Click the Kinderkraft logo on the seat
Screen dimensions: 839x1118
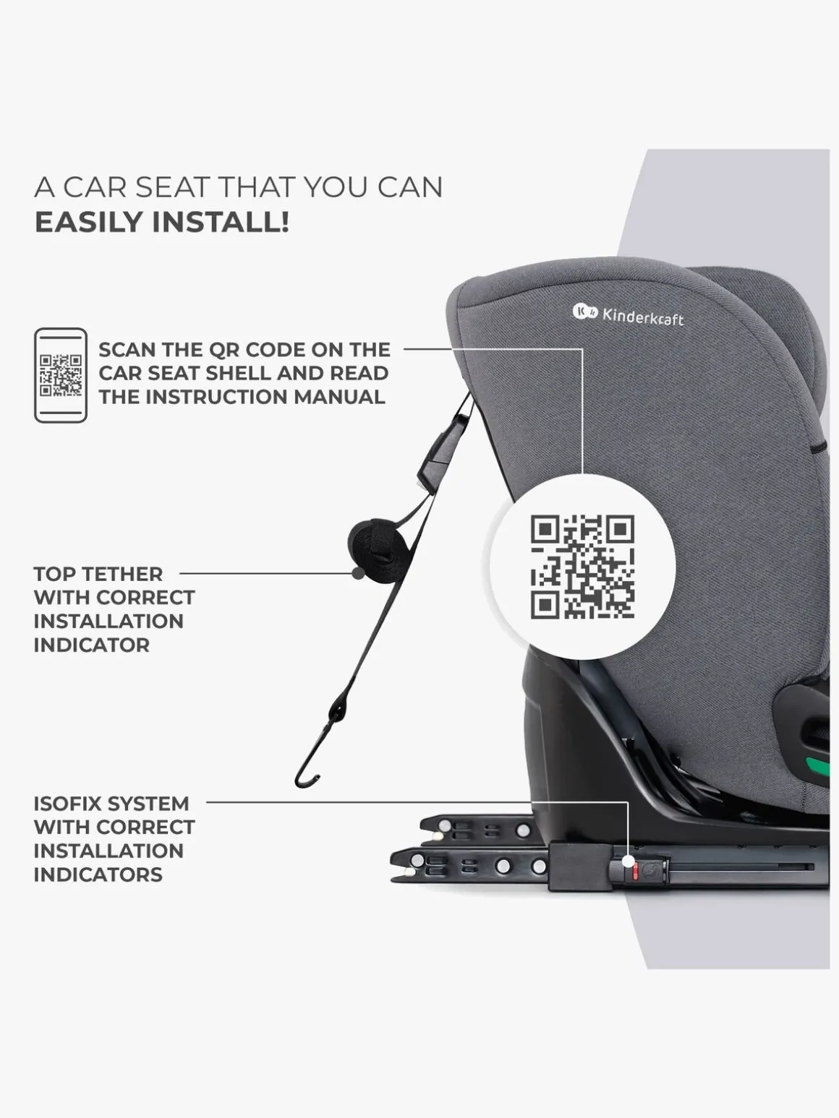628,314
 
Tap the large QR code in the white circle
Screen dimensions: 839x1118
583,567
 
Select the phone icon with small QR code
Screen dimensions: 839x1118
61,375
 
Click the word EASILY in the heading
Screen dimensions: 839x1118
89,222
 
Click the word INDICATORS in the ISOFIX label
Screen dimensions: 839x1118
98,874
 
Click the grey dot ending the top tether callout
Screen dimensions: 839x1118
358,574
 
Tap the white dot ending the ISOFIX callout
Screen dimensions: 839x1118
629,861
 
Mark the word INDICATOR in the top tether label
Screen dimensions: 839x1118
92,645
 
